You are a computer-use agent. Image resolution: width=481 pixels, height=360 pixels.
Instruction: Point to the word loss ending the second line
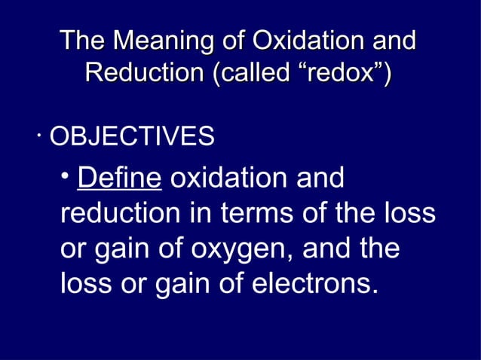coord(410,215)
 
